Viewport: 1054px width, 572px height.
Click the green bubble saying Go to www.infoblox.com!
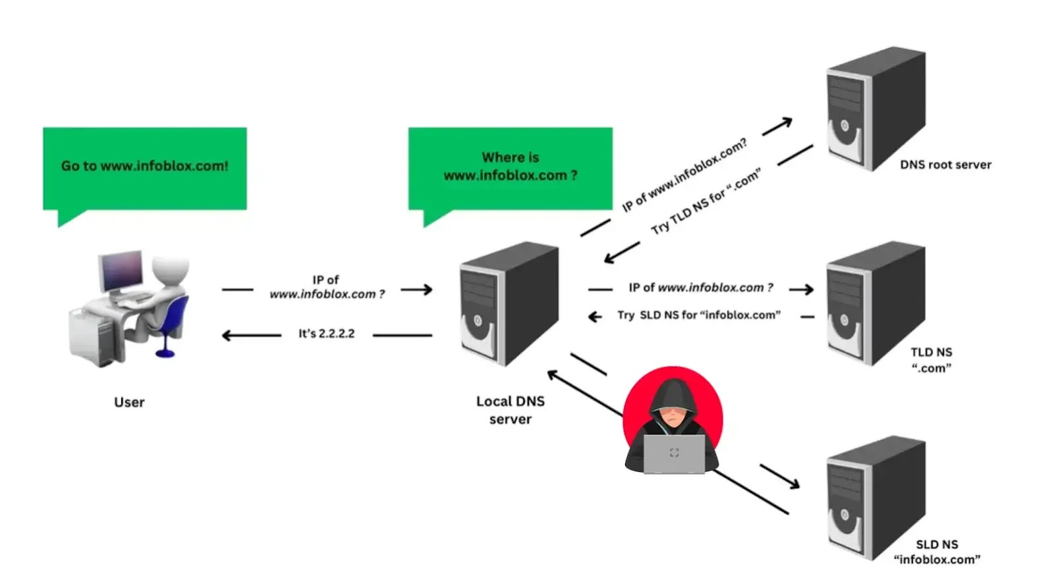click(144, 168)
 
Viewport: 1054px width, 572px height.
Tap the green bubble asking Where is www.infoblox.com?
click(510, 168)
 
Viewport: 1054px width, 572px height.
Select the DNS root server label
click(945, 165)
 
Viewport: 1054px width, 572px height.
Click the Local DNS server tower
click(509, 303)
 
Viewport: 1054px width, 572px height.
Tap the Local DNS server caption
click(510, 410)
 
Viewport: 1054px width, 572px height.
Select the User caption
click(129, 402)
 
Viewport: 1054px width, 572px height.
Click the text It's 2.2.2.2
click(326, 334)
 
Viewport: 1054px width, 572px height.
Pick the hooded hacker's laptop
click(673, 454)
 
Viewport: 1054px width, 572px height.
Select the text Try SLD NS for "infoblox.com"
click(698, 315)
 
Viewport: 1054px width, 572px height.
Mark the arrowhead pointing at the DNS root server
click(786, 122)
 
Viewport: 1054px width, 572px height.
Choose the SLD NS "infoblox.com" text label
click(937, 552)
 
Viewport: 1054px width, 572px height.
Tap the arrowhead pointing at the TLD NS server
click(808, 289)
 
